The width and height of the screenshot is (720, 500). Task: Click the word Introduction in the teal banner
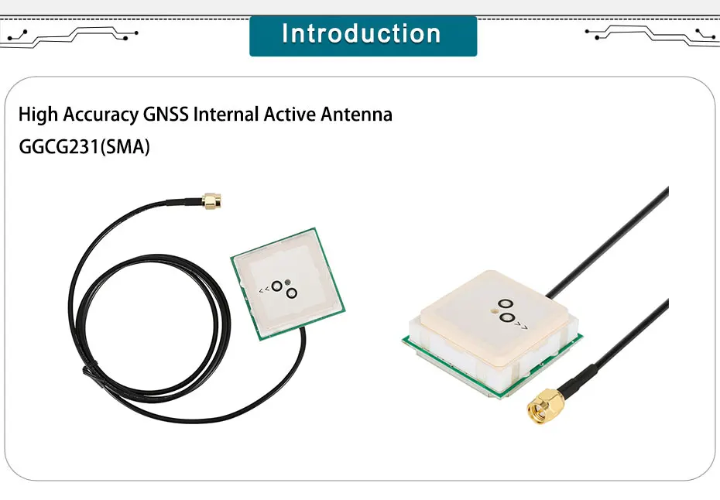click(x=362, y=34)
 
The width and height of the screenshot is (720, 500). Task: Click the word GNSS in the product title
click(x=166, y=115)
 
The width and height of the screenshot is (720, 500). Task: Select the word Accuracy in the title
click(x=100, y=115)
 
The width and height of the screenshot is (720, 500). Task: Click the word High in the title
click(x=38, y=115)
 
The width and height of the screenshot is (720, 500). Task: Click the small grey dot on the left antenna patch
click(x=287, y=283)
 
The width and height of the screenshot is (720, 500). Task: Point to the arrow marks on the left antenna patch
click(x=264, y=290)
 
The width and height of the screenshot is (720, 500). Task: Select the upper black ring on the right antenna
click(x=506, y=306)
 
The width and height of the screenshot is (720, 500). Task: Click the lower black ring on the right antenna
click(x=506, y=318)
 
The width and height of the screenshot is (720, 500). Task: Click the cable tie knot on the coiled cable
click(x=87, y=374)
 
